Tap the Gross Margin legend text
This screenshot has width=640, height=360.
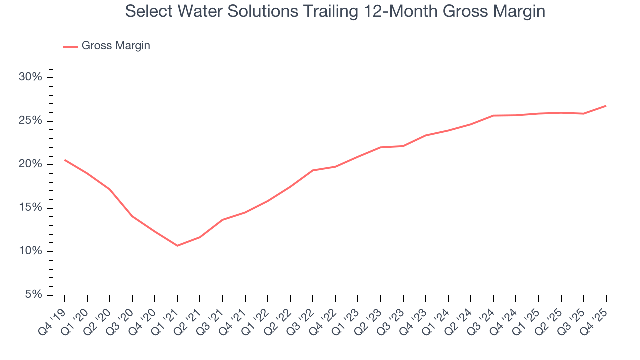click(116, 46)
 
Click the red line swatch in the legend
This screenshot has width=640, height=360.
click(70, 46)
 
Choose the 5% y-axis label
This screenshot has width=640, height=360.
click(35, 295)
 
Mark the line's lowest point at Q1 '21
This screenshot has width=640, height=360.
click(177, 245)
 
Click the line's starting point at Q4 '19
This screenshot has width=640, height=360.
click(65, 160)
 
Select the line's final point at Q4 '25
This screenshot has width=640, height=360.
click(606, 106)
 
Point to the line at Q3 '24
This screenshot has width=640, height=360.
click(493, 116)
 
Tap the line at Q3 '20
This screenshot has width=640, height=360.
click(132, 216)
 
